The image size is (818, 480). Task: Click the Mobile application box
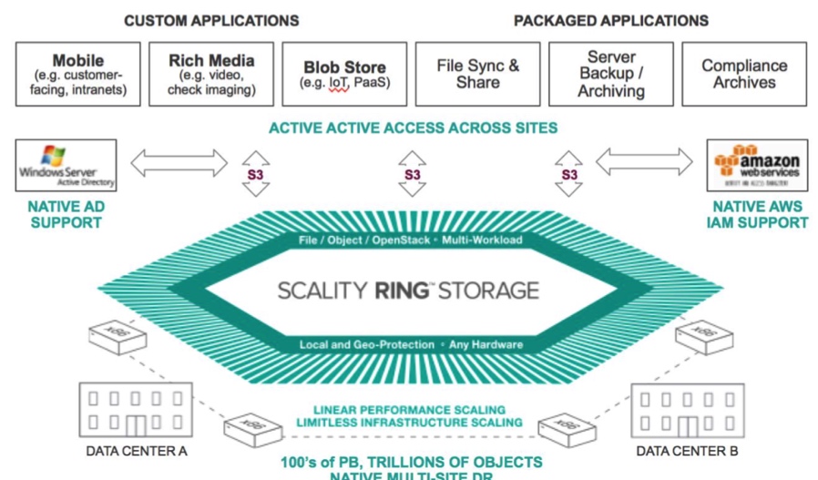(77, 74)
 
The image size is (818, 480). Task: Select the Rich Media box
(211, 74)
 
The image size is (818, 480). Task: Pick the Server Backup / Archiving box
(611, 74)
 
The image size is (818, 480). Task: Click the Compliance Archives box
(744, 74)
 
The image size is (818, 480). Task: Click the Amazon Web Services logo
(757, 165)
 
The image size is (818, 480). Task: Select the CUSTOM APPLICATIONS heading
(210, 20)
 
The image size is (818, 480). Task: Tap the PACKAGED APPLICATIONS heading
(610, 20)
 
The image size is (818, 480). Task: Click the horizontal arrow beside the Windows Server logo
(179, 164)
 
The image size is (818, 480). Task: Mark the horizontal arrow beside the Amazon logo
(645, 164)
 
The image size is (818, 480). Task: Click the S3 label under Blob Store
(413, 174)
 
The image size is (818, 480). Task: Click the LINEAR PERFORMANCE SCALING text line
(409, 410)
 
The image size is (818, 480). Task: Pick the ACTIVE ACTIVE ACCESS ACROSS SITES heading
(413, 128)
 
